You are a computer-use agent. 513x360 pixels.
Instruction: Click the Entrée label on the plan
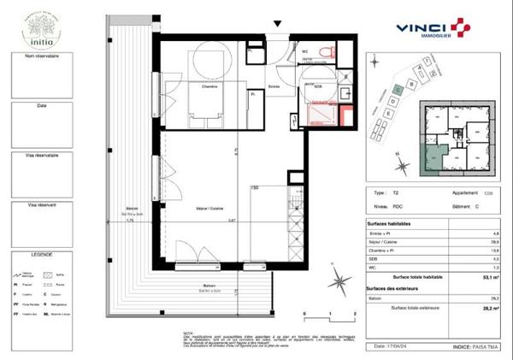coord(274,86)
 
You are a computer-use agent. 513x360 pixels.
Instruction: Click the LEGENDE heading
coord(42,255)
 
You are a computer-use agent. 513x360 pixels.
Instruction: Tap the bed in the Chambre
coord(202,109)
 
